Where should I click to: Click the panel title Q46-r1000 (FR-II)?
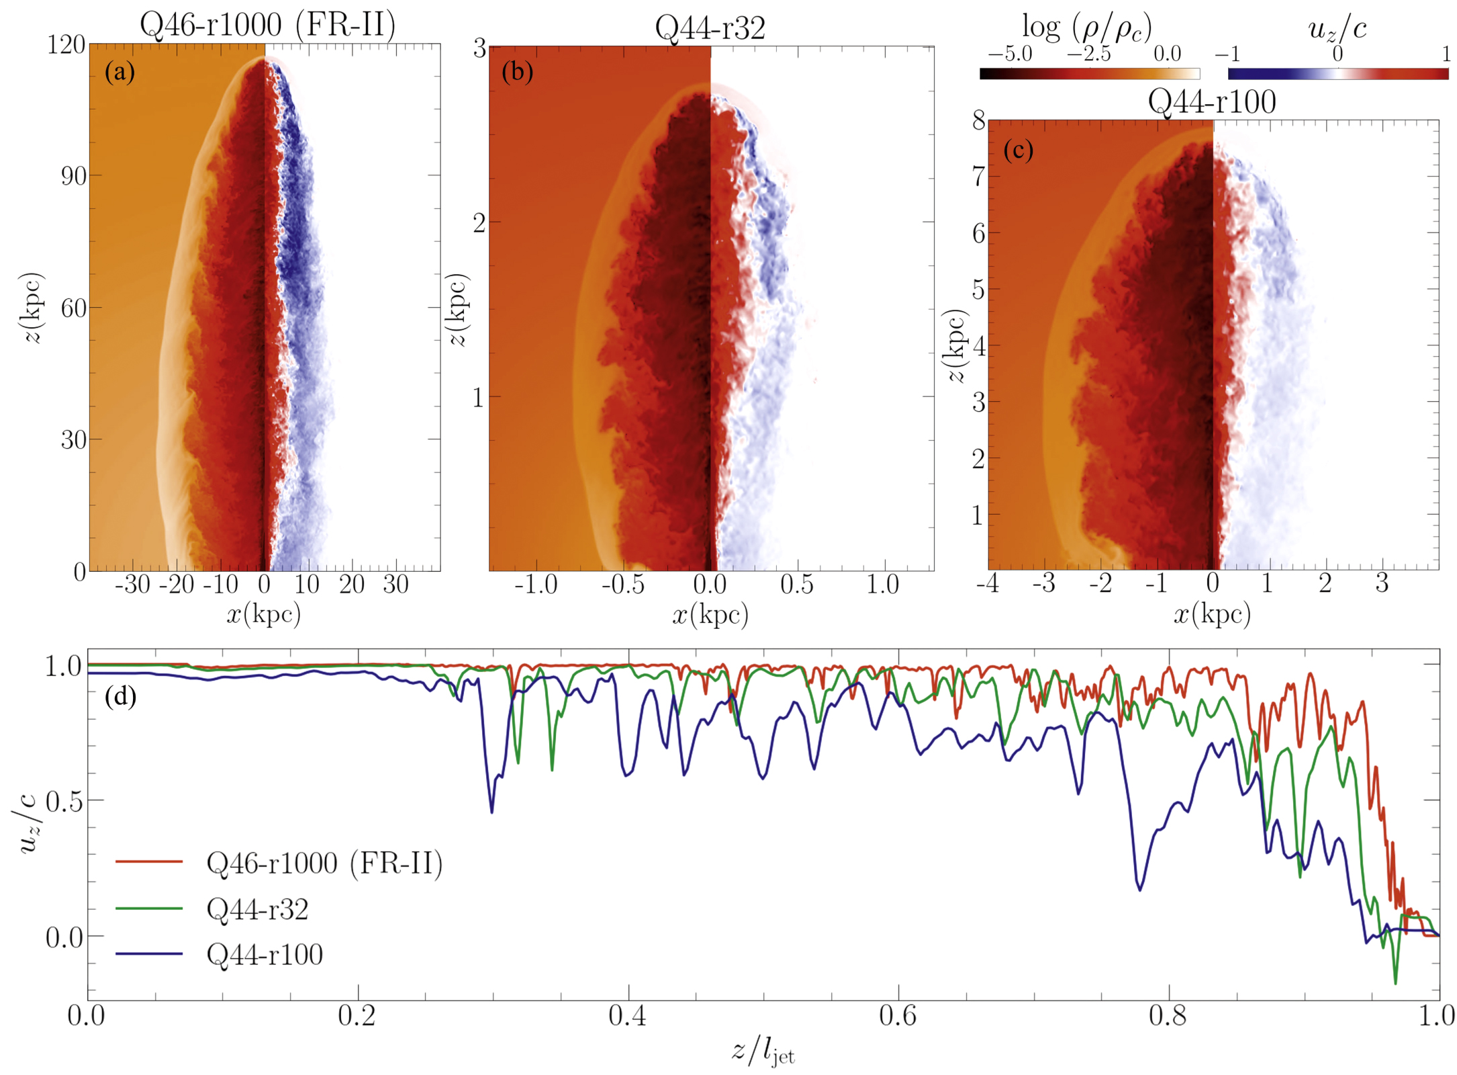267,26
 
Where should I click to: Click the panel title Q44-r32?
710,29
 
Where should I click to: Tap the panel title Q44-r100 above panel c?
1211,103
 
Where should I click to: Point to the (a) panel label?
120,71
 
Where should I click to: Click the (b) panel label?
517,71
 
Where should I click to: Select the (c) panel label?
1018,150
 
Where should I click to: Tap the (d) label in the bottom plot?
120,697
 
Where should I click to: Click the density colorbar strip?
1089,74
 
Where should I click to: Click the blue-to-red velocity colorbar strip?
1337,74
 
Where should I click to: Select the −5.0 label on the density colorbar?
1009,54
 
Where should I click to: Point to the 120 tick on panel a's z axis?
66,45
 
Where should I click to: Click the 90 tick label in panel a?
73,176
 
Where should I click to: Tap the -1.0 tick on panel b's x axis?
535,585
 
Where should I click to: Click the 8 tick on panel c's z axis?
978,120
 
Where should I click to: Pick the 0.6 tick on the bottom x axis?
898,1017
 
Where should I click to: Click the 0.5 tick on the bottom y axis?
64,802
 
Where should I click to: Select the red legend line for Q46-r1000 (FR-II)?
149,861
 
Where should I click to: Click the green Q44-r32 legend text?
257,910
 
